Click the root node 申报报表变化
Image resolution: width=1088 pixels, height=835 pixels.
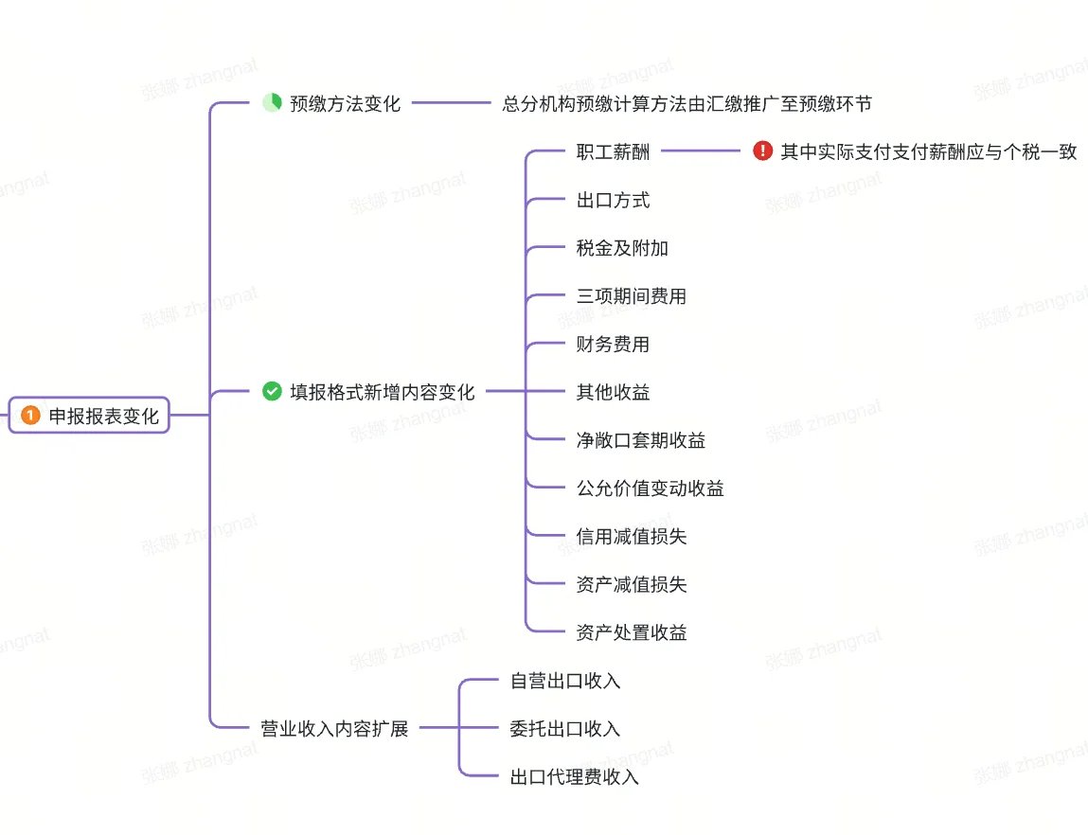[x=104, y=416]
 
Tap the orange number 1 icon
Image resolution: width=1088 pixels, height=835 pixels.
[x=30, y=416]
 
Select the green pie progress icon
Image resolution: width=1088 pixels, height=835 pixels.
[x=272, y=103]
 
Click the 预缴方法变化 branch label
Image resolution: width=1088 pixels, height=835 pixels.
[x=345, y=104]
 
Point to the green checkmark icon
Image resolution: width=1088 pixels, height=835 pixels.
[x=272, y=391]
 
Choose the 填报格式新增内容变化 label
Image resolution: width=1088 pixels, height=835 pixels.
[x=382, y=392]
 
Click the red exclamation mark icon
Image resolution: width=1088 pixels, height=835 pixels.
[x=762, y=151]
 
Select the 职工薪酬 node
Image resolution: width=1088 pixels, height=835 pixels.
[x=613, y=152]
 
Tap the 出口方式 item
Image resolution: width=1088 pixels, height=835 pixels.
[x=613, y=201]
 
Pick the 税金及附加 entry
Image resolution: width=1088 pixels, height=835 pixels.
[x=622, y=248]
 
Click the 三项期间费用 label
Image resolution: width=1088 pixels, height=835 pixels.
[x=631, y=296]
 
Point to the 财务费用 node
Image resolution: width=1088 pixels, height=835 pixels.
[x=613, y=345]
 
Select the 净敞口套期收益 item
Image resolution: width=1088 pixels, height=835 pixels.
[x=640, y=440]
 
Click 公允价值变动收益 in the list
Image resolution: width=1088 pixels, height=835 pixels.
[x=650, y=489]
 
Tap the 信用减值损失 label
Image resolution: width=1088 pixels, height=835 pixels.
[x=631, y=537]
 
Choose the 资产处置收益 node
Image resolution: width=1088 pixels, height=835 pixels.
[x=631, y=633]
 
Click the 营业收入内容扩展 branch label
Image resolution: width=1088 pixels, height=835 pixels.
[x=334, y=729]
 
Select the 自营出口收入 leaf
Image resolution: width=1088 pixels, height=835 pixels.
[x=564, y=681]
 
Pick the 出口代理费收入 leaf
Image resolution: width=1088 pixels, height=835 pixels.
[x=574, y=777]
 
